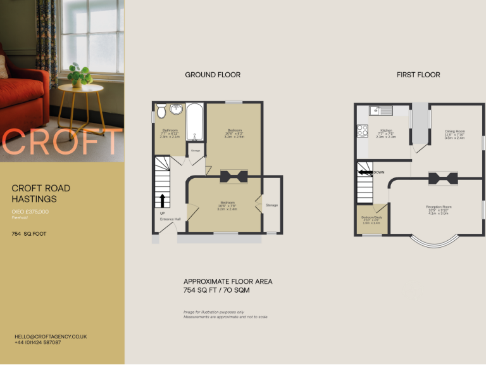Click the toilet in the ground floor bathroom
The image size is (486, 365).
(x=161, y=112)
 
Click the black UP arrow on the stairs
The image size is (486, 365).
(x=163, y=201)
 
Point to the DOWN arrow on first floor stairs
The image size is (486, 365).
(x=364, y=172)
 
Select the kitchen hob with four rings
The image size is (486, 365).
(x=363, y=131)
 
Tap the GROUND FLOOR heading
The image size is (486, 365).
(x=213, y=75)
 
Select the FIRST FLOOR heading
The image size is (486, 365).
(x=418, y=75)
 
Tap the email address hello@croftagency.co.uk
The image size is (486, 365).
(x=51, y=336)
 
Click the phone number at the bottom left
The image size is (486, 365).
(x=38, y=342)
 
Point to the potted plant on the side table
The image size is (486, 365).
(x=78, y=74)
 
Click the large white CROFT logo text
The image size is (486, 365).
(x=62, y=143)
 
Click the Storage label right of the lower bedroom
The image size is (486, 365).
(x=271, y=205)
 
